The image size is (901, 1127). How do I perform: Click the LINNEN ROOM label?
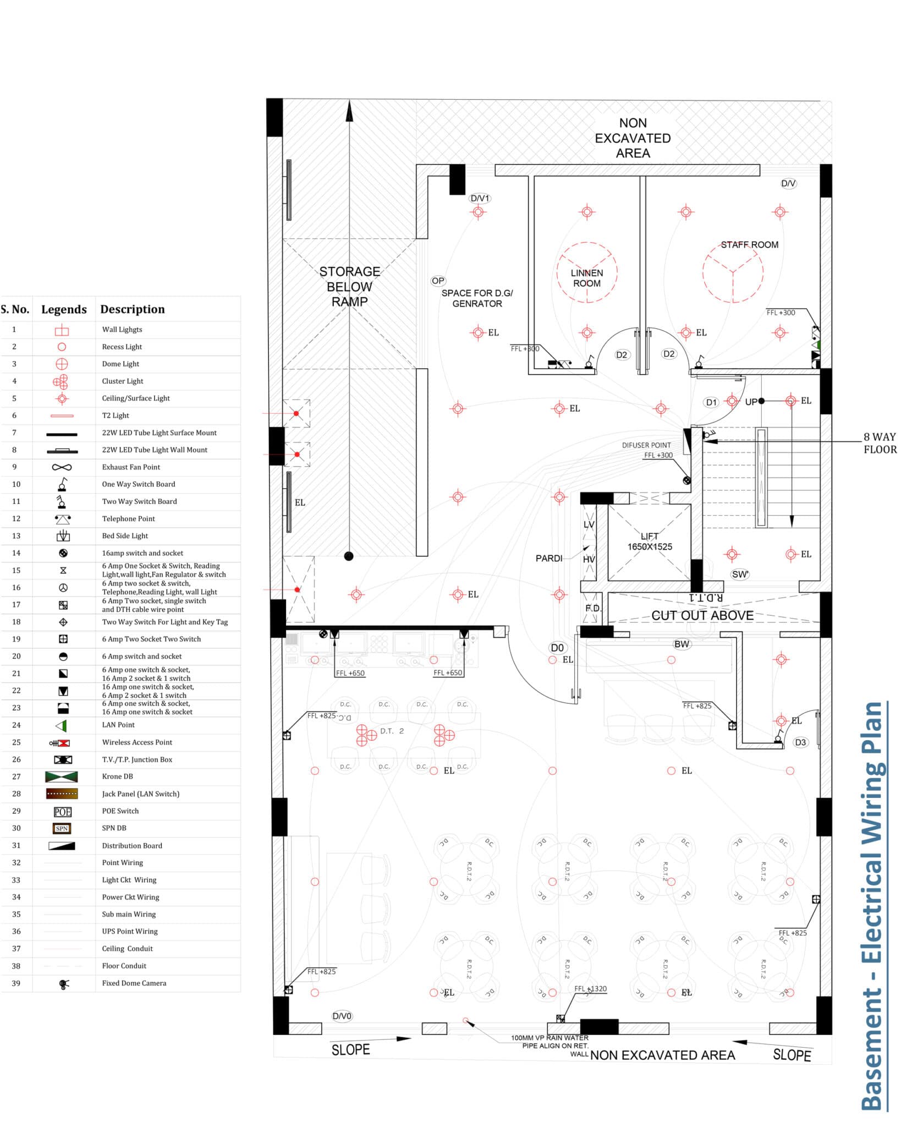[586, 278]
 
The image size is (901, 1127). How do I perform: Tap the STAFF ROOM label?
[749, 245]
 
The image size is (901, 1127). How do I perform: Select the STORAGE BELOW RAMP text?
[349, 287]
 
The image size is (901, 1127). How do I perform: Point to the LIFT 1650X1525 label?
[649, 541]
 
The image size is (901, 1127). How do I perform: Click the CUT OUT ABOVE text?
[702, 615]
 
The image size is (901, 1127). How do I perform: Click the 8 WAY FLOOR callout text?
[880, 443]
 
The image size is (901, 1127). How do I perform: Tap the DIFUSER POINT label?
[646, 445]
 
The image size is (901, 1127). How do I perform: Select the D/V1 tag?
[480, 198]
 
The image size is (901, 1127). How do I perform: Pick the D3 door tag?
[800, 742]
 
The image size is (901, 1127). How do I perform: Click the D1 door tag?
[711, 402]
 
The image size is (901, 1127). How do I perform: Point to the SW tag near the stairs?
[740, 575]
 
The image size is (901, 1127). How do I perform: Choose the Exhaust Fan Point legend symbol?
[62, 467]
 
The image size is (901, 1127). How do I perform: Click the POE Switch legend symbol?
[62, 812]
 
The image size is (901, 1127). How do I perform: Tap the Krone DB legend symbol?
[62, 777]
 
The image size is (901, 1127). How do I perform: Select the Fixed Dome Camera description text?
[134, 983]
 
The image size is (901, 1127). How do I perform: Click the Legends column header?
[64, 309]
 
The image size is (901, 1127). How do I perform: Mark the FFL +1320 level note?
[590, 989]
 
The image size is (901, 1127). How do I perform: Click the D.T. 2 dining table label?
[392, 731]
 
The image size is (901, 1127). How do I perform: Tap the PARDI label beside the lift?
[548, 559]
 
